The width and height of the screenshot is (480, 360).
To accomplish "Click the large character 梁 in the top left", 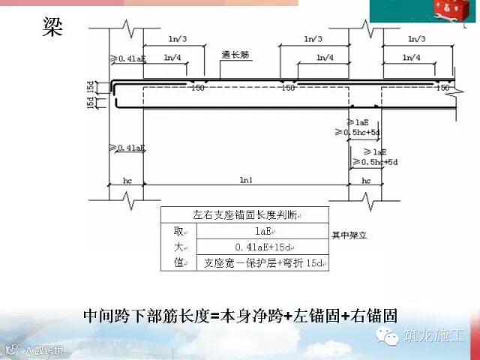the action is click(x=54, y=27).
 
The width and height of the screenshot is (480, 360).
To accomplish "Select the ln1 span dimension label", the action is click(x=246, y=181).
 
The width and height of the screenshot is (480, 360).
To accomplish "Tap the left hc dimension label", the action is click(x=127, y=181).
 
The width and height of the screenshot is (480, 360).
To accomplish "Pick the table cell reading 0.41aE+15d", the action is click(x=262, y=247).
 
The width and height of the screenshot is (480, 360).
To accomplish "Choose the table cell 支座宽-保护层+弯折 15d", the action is click(x=262, y=263).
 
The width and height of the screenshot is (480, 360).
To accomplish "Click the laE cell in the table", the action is click(x=262, y=231).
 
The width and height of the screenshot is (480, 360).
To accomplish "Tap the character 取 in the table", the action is click(x=178, y=231).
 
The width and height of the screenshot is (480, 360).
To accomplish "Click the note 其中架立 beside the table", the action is click(x=351, y=235).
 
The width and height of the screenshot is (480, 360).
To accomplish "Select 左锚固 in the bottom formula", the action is click(x=307, y=316).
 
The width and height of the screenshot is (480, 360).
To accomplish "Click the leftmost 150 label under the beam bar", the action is click(x=198, y=88).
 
